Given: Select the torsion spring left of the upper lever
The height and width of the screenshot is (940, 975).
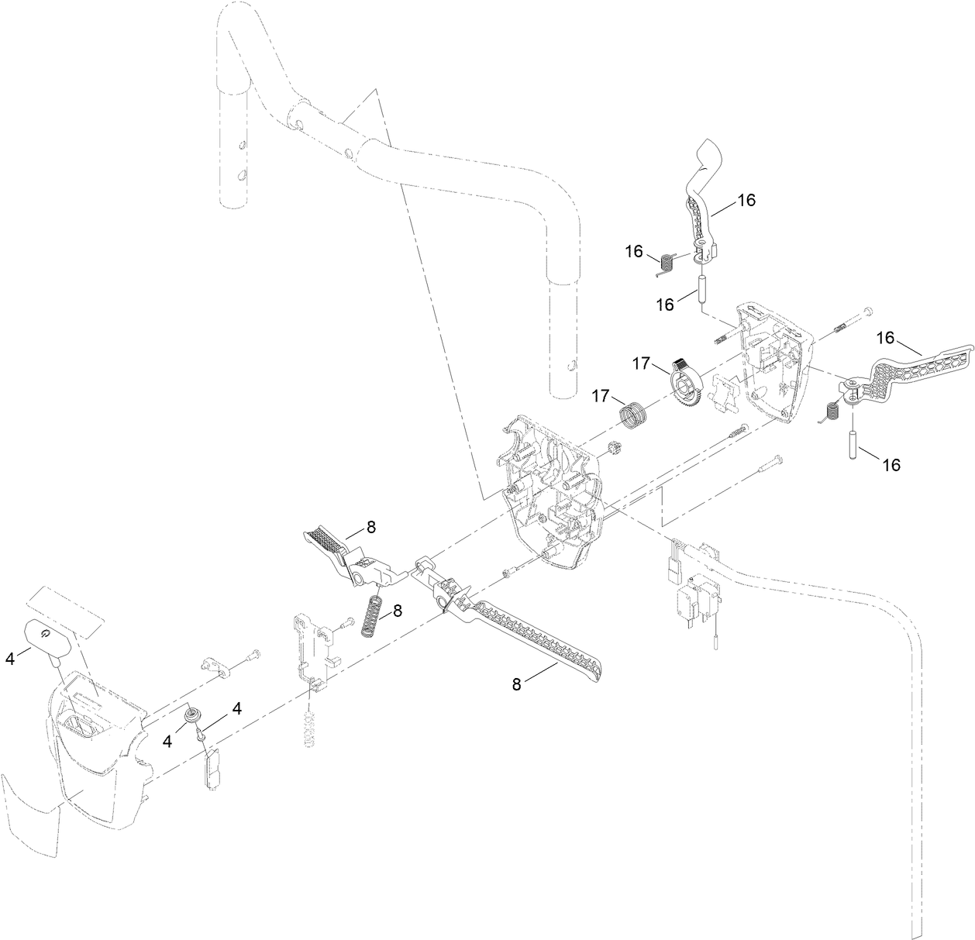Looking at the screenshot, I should click(663, 264).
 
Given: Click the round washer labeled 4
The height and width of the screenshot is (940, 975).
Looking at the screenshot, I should click(191, 714).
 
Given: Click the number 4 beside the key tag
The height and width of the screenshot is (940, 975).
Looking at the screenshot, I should click(9, 659).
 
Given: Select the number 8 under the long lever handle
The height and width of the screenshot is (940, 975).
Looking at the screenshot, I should click(516, 683).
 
